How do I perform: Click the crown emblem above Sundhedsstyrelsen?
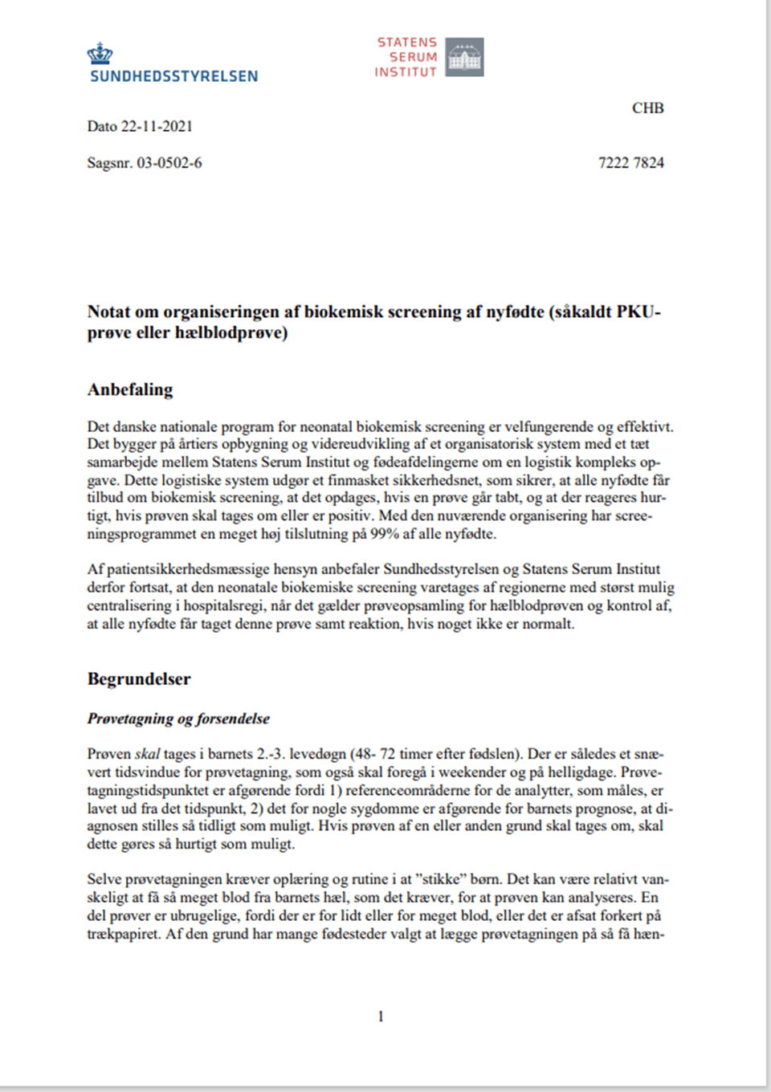pos(100,54)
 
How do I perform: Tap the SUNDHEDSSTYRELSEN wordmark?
pos(174,76)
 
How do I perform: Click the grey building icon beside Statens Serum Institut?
pos(464,57)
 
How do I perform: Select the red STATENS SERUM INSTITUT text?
pos(406,57)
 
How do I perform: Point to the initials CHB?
pos(647,108)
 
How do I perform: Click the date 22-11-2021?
pos(157,126)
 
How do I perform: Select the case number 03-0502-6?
pos(169,163)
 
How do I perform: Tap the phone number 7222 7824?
pos(630,163)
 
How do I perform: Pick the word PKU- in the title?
pos(638,312)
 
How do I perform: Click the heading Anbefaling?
pos(130,389)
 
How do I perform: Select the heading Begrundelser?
pos(139,679)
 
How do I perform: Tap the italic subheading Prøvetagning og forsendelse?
pos(178,719)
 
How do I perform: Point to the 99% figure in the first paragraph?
pos(385,534)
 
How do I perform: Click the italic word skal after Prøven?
pos(147,754)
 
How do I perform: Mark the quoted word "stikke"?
pos(440,879)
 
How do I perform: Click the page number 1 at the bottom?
pos(381,1017)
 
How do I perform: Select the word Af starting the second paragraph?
pos(96,569)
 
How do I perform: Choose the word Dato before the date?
pos(102,126)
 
